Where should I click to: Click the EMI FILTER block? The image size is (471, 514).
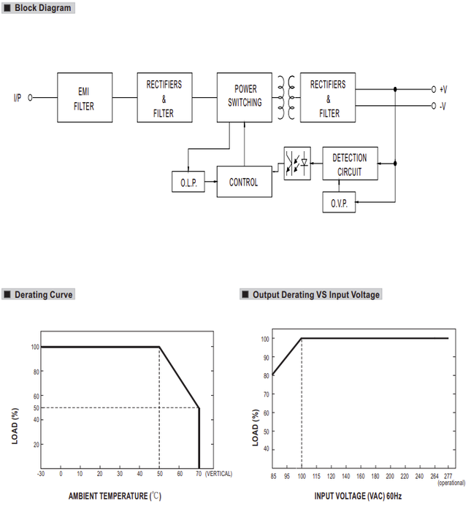[85, 98]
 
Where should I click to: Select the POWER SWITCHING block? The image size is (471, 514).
[245, 98]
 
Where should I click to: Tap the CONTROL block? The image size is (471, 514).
[245, 182]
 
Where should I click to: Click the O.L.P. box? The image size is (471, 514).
[188, 182]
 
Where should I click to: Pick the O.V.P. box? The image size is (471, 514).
[339, 202]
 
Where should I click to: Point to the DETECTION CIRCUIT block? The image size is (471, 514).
[350, 164]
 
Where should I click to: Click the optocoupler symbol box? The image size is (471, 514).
[297, 164]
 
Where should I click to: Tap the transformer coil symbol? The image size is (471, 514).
[286, 98]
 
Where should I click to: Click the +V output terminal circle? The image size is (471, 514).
[434, 89]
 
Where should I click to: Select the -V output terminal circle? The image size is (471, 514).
[434, 106]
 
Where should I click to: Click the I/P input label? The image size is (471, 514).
[18, 98]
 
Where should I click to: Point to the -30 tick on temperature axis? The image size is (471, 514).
[41, 474]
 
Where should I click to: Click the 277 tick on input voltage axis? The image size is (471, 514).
[448, 476]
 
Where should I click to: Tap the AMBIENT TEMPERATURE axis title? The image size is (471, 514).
[115, 496]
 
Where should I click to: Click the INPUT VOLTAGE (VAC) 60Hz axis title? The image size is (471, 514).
[358, 496]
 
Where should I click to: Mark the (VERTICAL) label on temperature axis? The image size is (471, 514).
[218, 474]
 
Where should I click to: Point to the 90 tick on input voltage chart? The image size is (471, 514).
[266, 358]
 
